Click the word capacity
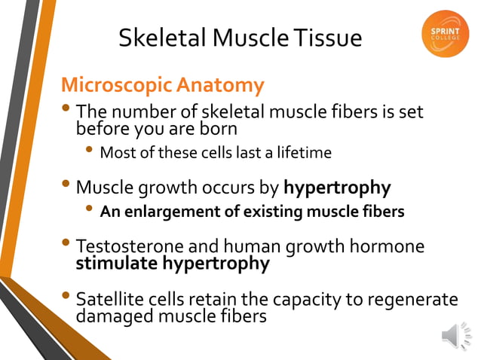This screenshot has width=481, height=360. point(304,300)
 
